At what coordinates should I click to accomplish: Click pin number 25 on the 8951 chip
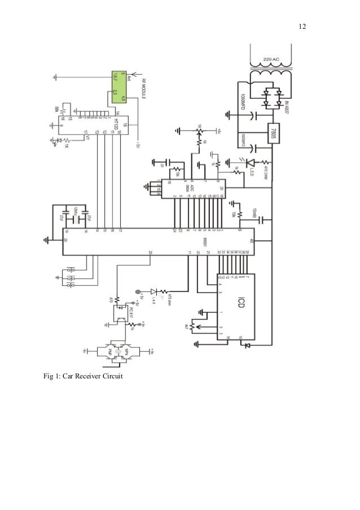150,252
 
